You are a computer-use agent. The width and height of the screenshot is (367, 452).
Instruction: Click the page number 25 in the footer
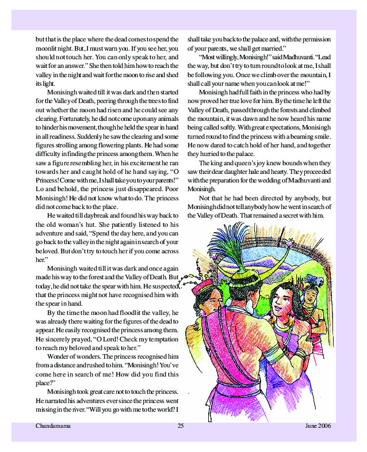[180, 426]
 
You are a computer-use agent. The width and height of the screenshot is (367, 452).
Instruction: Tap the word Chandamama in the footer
[51, 426]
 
